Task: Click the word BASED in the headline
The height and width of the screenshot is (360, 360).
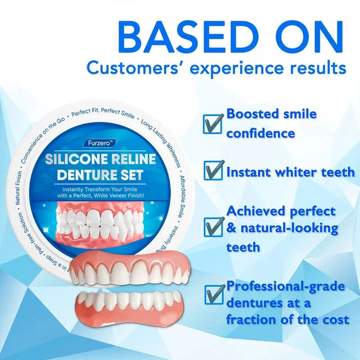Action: pos(179,38)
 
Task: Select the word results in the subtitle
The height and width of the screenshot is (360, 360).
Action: pos(316,69)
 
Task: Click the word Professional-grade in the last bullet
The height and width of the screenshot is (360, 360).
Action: pos(286,287)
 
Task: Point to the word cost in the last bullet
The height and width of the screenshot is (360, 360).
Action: pos(334,319)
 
